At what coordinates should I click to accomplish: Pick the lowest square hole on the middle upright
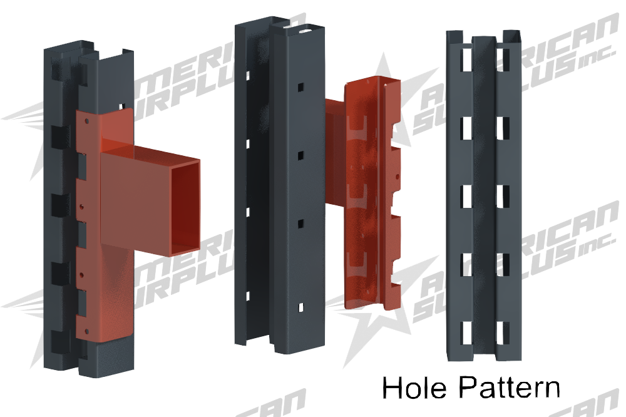click(x=300, y=306)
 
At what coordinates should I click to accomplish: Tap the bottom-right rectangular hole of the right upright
click(x=503, y=332)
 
